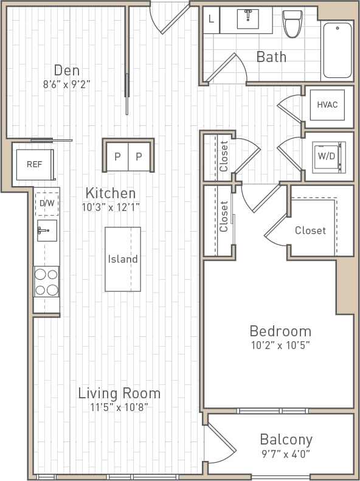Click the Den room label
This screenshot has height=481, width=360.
coord(67,70)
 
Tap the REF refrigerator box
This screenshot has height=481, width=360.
coord(34,164)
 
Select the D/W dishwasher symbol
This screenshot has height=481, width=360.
coord(47,204)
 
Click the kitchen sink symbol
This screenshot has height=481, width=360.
coord(46,231)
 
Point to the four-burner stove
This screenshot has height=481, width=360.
coord(46,282)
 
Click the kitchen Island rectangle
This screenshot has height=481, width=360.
coord(123,259)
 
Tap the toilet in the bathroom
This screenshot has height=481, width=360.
coord(292,22)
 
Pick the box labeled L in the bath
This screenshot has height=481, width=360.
coord(211,19)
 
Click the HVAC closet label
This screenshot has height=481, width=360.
coord(327,104)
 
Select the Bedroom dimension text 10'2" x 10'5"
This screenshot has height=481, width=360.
coord(280,346)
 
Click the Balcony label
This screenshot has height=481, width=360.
coord(286,439)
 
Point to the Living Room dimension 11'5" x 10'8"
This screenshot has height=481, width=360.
coord(119,407)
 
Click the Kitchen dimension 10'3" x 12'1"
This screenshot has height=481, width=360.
coord(111,207)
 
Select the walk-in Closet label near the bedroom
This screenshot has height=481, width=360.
coord(310,230)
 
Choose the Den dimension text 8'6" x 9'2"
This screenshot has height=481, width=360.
coord(67,85)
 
